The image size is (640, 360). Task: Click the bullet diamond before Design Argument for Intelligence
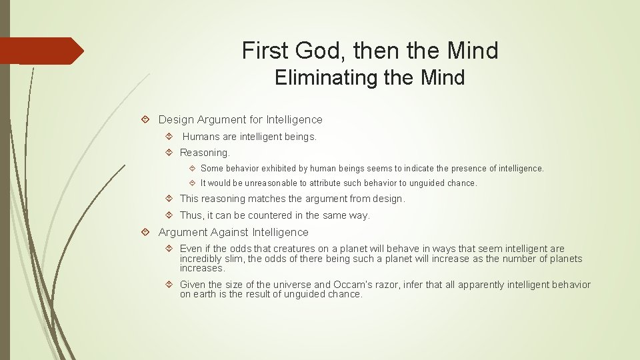pos(145,120)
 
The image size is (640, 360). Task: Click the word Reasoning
pos(204,153)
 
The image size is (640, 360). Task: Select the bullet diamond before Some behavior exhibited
pos(192,169)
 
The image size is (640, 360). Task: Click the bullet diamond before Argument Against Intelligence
pos(145,233)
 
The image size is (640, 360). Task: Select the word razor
pos(393,285)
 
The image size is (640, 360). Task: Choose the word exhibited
pos(285,169)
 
